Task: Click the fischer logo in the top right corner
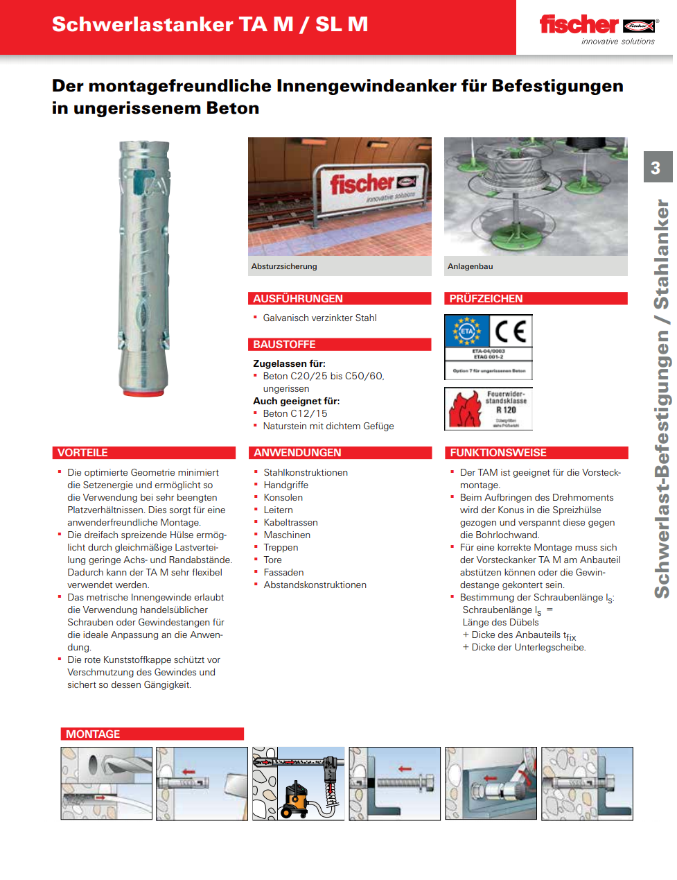597,26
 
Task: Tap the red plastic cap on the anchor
143,392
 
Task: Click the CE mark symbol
511,331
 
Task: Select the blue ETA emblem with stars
467,331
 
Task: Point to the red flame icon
464,409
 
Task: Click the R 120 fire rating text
506,410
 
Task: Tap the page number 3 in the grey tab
656,168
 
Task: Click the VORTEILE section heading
82,453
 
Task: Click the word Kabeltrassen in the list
290,522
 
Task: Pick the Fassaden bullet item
283,572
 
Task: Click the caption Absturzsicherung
284,266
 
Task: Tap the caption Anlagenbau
471,266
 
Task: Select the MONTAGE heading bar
152,734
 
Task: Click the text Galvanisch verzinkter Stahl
319,318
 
